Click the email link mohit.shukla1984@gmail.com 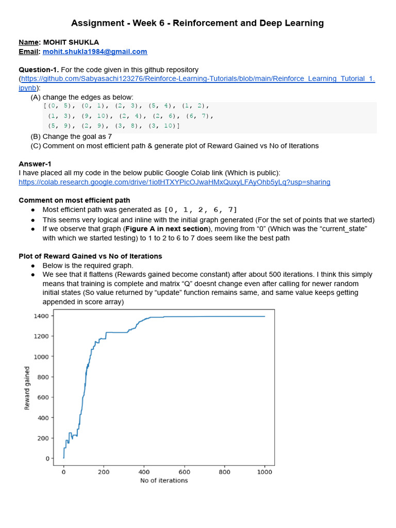pos(95,52)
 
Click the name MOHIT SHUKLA pos(71,42)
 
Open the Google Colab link pos(174,182)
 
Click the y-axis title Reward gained pos(27,388)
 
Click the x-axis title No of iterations pos(164,481)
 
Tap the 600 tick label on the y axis pos(43,397)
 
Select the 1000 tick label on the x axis pos(265,471)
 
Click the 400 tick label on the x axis pos(144,471)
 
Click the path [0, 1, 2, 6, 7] pos(201,210)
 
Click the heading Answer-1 pos(35,164)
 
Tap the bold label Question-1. pos(39,70)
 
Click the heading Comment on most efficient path pos(74,200)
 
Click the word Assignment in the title pos(96,23)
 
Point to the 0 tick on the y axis pos(47,458)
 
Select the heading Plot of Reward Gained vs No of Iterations pos(90,256)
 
